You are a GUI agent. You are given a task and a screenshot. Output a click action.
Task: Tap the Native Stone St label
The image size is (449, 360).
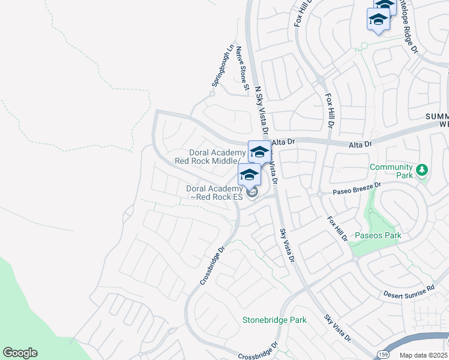pyautogui.click(x=242, y=68)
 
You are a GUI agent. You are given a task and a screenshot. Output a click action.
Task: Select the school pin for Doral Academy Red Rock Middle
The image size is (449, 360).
pyautogui.click(x=259, y=152)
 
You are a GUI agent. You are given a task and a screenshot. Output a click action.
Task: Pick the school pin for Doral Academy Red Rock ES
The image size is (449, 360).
pyautogui.click(x=249, y=175)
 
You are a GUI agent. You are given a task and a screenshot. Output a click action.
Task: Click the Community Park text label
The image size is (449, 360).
pyautogui.click(x=391, y=171)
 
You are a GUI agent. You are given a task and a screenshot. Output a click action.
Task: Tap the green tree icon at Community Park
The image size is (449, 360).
pyautogui.click(x=422, y=170)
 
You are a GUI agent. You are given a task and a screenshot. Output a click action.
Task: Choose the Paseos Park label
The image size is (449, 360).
pyautogui.click(x=378, y=235)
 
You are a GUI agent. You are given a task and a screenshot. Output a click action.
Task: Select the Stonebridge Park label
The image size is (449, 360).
pyautogui.click(x=274, y=320)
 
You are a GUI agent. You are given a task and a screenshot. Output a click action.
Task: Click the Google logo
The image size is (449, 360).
pyautogui.click(x=20, y=353)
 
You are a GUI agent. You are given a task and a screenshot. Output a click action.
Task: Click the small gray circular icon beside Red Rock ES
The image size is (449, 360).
pyautogui.click(x=252, y=193)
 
